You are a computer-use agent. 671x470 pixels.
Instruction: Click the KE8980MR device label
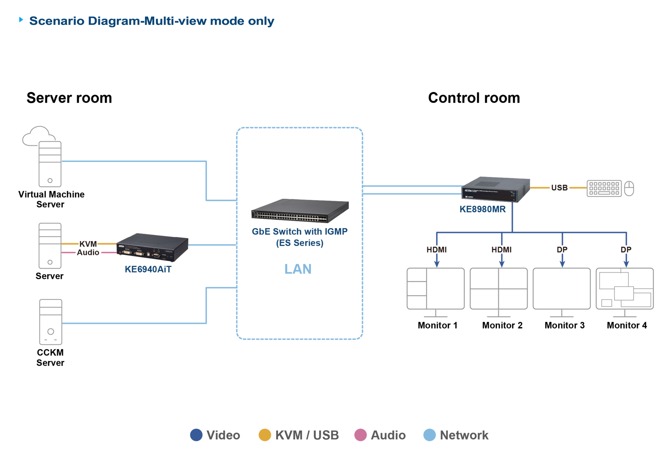tap(482, 209)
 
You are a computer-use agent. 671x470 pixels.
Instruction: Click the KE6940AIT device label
tap(148, 269)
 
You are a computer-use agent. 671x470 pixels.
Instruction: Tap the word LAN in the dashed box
tap(298, 269)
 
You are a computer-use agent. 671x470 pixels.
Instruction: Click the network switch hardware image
tap(300, 211)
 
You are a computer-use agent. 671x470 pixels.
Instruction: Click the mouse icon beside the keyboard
tap(629, 188)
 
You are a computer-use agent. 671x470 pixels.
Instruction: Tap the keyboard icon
tap(604, 188)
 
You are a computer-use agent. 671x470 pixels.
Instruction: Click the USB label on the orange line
tap(559, 188)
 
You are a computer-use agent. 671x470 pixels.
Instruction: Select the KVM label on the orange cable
tap(88, 244)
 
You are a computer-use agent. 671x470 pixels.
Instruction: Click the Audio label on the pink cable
tap(88, 252)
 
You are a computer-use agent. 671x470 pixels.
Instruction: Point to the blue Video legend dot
tap(196, 435)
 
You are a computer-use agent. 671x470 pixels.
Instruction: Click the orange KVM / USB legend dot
tap(265, 435)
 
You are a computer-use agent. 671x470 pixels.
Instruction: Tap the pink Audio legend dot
tap(360, 435)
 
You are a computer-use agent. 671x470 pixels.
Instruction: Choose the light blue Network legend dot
tap(429, 435)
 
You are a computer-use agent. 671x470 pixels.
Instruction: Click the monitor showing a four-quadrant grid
tap(499, 289)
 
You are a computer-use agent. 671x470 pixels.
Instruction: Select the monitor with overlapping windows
tap(625, 289)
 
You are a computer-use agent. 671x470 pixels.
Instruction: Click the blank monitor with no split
tap(561, 289)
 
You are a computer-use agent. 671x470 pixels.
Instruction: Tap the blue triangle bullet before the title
tap(22, 20)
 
